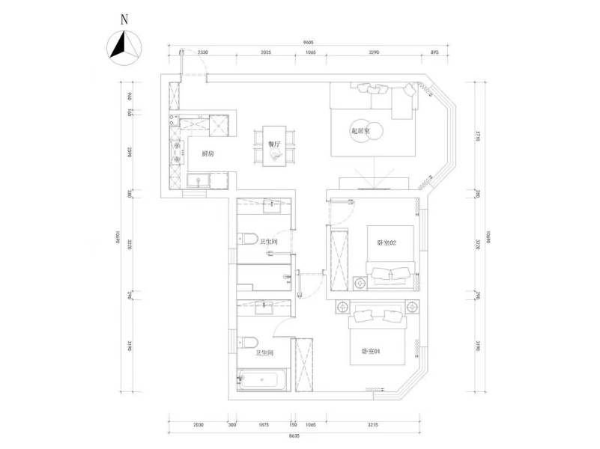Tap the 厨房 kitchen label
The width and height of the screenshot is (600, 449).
pos(207,153)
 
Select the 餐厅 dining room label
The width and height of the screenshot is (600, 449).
pos(273,143)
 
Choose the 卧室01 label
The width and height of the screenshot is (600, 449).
pos(372,350)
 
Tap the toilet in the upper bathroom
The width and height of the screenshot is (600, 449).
pos(246,240)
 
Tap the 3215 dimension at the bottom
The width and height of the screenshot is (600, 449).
pos(372,425)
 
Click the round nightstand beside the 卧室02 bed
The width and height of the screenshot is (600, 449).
pos(360,283)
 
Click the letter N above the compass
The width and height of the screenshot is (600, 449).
pos(125,19)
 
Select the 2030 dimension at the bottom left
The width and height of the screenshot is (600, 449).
pos(198,425)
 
